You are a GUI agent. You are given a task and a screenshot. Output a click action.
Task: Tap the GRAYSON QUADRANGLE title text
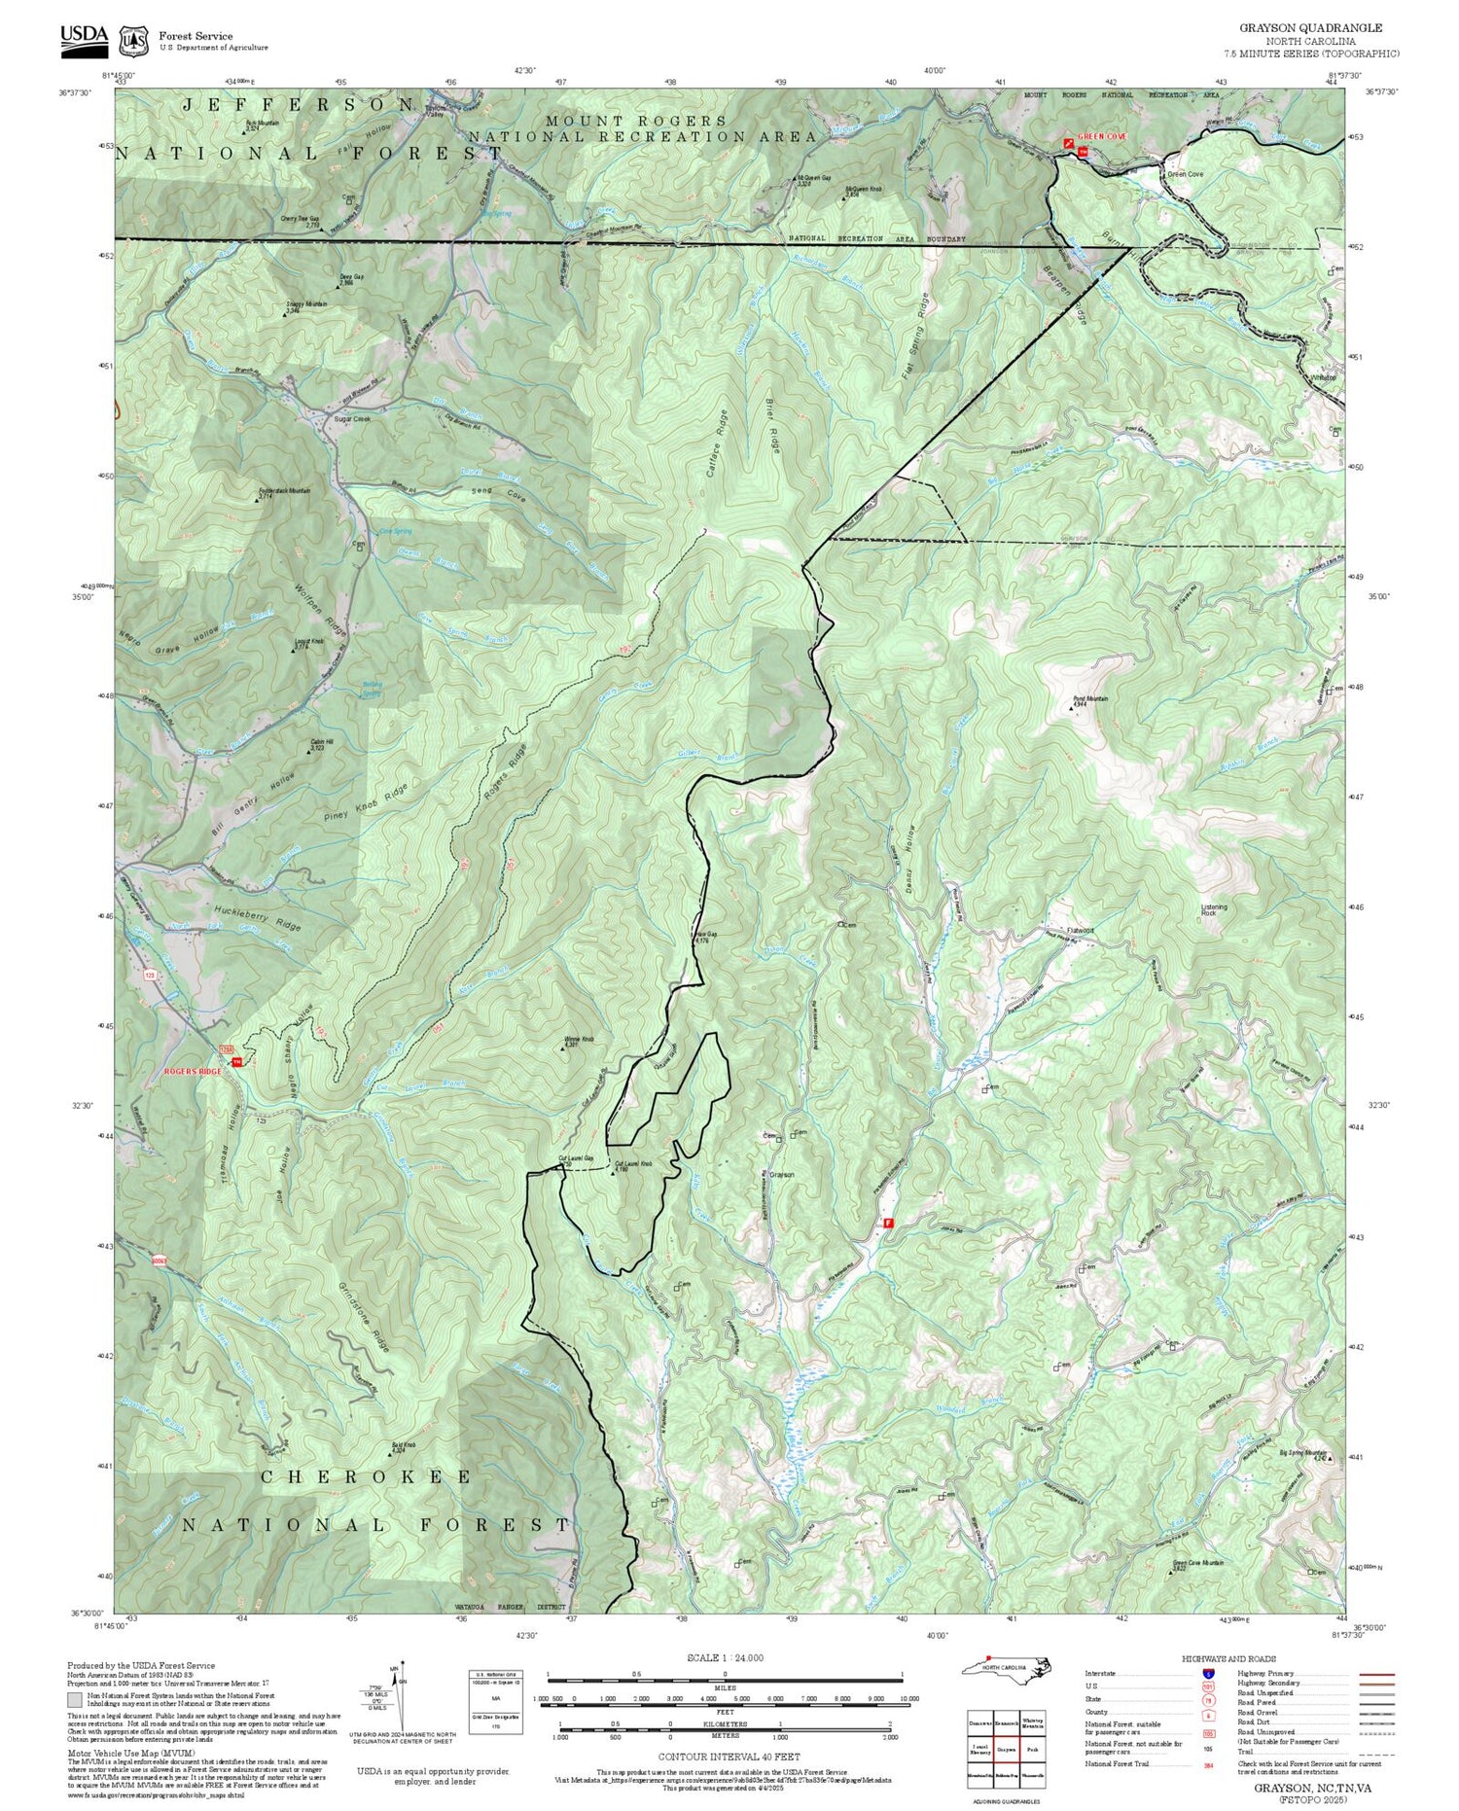click(x=1311, y=28)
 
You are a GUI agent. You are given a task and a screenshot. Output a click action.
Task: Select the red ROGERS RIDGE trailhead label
click(x=192, y=1071)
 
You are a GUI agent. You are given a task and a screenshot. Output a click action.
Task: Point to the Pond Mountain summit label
click(x=1091, y=698)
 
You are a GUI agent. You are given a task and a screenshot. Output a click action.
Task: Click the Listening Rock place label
click(x=1214, y=910)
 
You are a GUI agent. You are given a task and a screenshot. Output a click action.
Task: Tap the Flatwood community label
click(x=1081, y=931)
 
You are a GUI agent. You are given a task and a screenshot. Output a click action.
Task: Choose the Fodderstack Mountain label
click(x=284, y=491)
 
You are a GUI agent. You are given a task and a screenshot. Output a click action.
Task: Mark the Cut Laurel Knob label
click(x=632, y=1163)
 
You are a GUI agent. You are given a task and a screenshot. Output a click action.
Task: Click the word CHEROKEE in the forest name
click(x=367, y=1476)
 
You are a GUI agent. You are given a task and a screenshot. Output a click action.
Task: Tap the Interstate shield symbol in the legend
click(x=1208, y=1673)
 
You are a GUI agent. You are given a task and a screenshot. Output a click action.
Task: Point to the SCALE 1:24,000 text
click(x=725, y=1657)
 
